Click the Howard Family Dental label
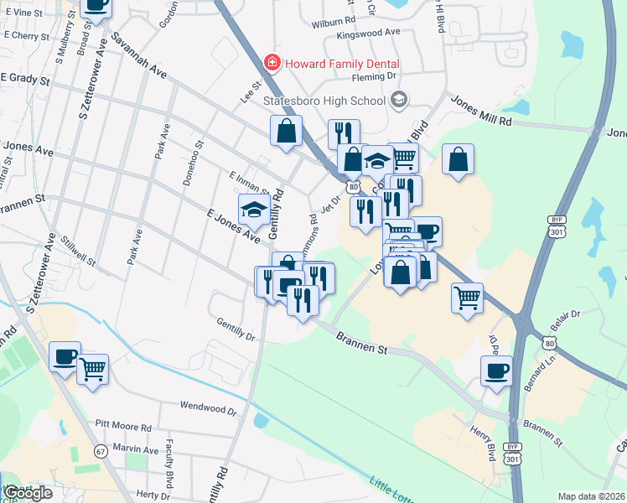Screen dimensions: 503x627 [x=341, y=64]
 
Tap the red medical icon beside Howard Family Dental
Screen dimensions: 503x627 [x=271, y=63]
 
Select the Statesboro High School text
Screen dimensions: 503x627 [x=324, y=101]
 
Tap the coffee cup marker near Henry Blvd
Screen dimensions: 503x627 [x=496, y=370]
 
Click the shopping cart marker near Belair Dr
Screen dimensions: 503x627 [x=467, y=296]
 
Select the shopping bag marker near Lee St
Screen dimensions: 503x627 [x=286, y=131]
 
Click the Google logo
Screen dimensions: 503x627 [x=28, y=493]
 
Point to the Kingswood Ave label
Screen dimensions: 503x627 [x=368, y=33]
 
